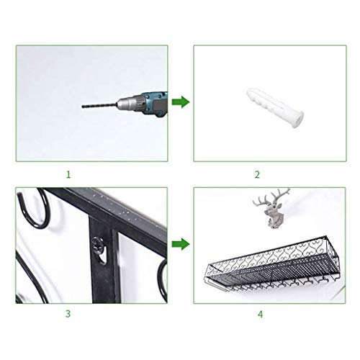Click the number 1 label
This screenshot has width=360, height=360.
click(68, 174)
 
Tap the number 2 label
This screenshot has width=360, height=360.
click(257, 174)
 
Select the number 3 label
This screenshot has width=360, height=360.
click(68, 314)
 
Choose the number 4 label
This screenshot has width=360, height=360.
click(257, 314)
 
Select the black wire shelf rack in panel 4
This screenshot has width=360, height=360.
click(266, 259)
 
